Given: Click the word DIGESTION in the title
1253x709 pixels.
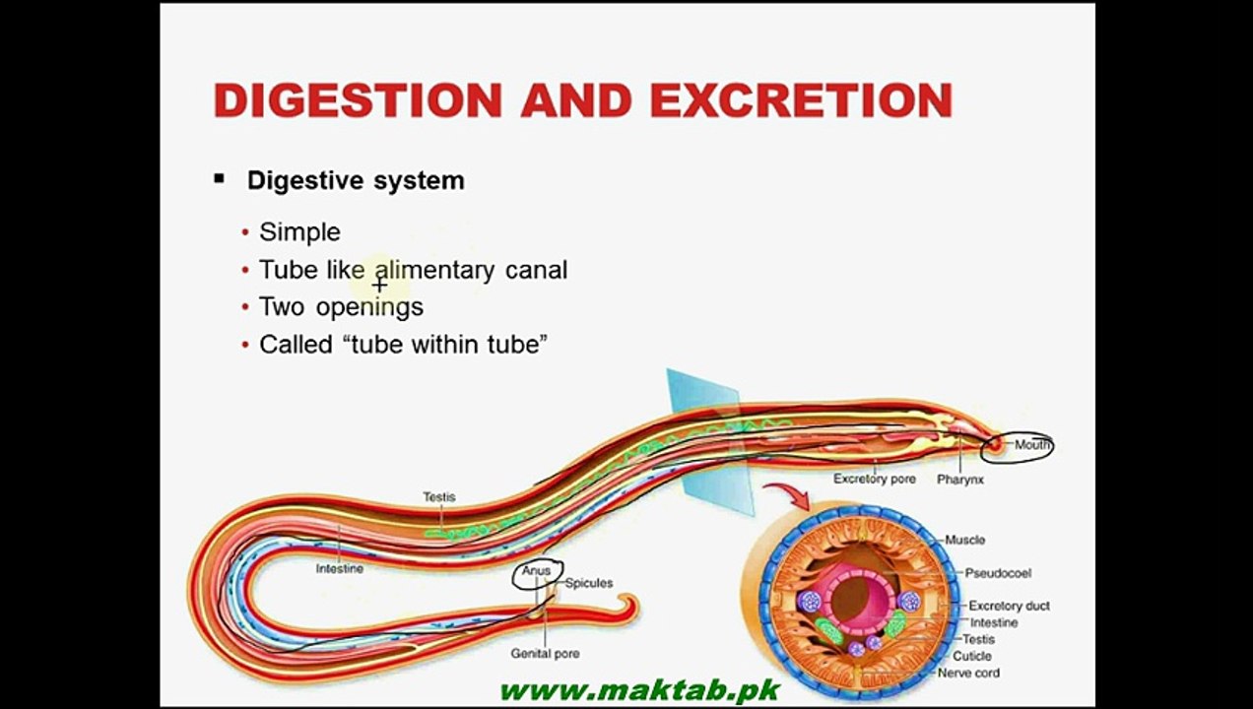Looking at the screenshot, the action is point(358,100).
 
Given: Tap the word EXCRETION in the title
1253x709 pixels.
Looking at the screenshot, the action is point(802,100).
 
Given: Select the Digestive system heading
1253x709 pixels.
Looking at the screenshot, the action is point(356,180).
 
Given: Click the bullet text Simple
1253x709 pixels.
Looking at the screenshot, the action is point(299,232).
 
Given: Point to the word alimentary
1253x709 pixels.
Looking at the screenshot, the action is point(434,271).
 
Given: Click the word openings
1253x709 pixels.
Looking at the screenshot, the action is point(369,308).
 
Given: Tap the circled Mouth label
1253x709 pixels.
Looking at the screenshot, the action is point(1031,444).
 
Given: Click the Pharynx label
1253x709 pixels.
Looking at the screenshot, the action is point(959,480).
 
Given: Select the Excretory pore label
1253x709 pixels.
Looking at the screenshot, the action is point(875,479).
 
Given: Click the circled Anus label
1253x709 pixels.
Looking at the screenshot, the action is point(536,571).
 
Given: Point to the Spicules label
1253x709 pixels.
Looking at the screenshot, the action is point(588,583).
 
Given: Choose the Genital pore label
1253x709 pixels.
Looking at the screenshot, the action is point(545,653).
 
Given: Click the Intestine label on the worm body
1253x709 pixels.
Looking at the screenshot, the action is point(340,568).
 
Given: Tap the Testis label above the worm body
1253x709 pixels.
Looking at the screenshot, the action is point(439,496).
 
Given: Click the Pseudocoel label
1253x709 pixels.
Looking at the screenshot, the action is point(998,573).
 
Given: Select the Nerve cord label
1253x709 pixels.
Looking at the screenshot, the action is point(968,673).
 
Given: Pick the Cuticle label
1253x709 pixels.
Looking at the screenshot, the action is point(971,656).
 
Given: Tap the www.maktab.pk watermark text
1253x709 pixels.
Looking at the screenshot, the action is point(639,690).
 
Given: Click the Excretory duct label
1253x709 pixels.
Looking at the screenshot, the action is point(1009,606).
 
